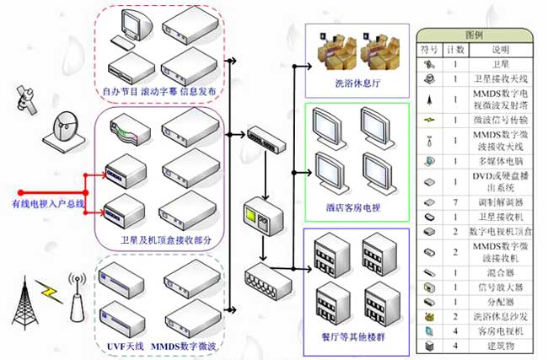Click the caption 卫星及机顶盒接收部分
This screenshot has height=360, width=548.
click(x=161, y=241)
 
